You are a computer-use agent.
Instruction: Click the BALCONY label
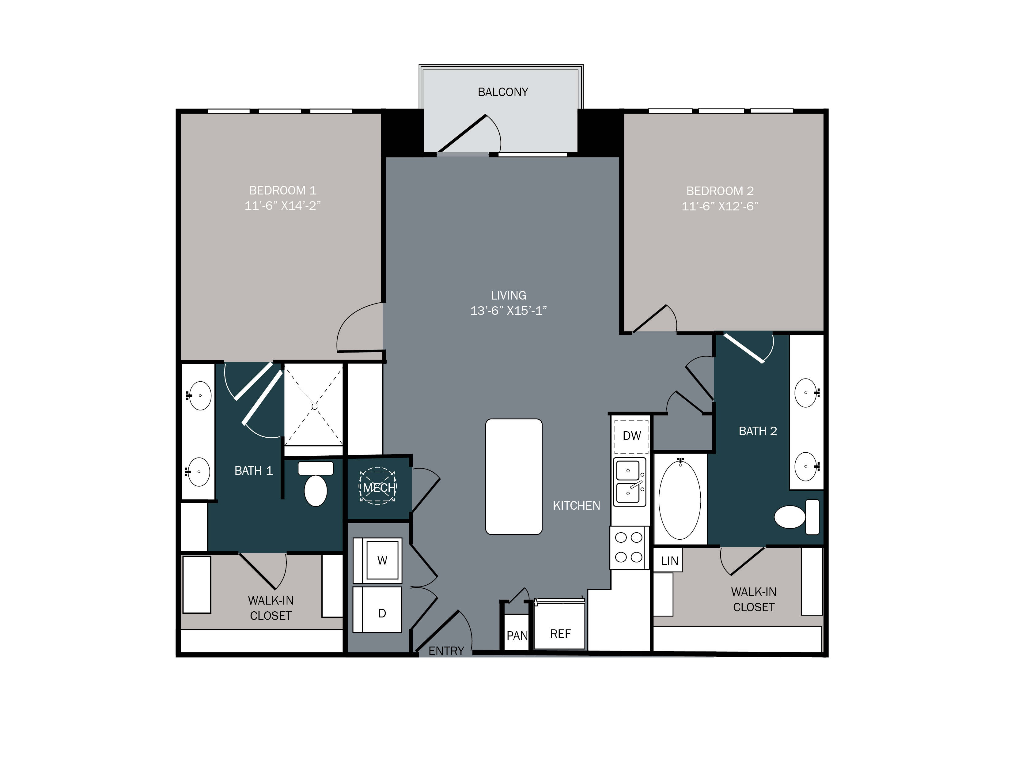pyautogui.click(x=503, y=92)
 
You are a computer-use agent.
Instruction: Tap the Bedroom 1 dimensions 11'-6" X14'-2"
pyautogui.click(x=282, y=206)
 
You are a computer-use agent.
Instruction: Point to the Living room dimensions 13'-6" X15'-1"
pyautogui.click(x=508, y=311)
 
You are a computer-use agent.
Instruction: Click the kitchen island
pyautogui.click(x=513, y=477)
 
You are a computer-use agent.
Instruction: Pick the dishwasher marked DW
pyautogui.click(x=631, y=436)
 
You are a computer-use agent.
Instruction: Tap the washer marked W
pyautogui.click(x=382, y=560)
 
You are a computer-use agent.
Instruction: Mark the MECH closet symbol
pyautogui.click(x=378, y=486)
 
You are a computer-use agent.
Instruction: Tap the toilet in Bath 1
pyautogui.click(x=316, y=486)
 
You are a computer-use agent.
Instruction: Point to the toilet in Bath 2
pyautogui.click(x=796, y=517)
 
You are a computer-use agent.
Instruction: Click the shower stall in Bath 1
pyautogui.click(x=313, y=405)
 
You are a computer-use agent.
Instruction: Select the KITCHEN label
pyautogui.click(x=576, y=506)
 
